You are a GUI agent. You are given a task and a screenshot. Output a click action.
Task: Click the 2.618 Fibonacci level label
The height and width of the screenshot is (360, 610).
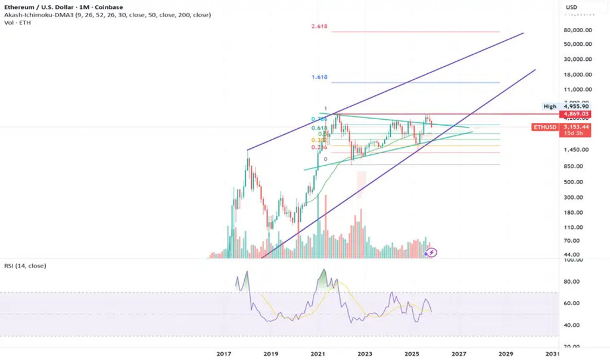(319, 27)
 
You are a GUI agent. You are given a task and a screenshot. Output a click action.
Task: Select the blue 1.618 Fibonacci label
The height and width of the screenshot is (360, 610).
(319, 77)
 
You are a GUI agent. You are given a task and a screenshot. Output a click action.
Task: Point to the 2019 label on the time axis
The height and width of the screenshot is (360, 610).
(270, 354)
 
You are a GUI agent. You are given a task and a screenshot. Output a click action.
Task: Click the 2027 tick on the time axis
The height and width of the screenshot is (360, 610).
(458, 354)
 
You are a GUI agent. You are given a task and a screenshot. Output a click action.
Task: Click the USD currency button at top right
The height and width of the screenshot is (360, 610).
(571, 7)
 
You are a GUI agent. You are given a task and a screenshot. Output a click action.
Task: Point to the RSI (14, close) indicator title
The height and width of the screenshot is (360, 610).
(26, 265)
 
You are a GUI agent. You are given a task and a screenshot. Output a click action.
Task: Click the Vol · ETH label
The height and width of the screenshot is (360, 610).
(17, 23)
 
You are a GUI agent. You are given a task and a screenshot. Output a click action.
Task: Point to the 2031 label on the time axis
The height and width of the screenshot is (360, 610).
(552, 354)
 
